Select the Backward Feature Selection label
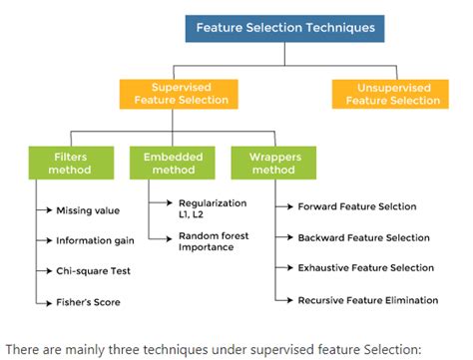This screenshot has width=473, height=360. [364, 237]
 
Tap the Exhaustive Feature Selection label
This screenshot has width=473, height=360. [366, 267]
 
